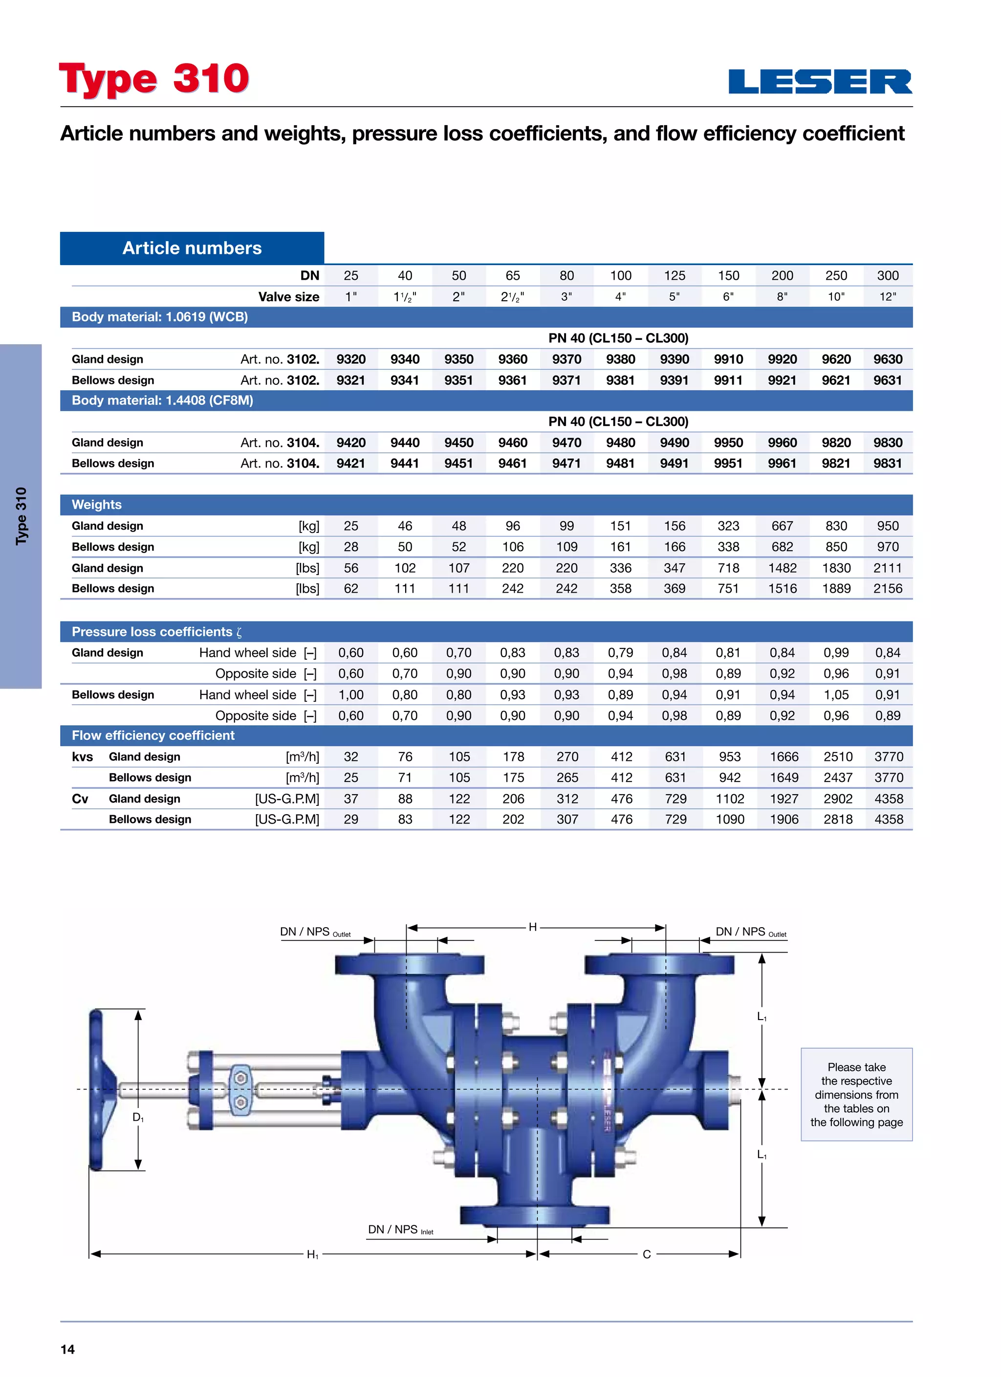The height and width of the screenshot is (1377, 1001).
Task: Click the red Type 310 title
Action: click(x=154, y=79)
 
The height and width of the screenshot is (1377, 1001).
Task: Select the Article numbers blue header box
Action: click(x=192, y=248)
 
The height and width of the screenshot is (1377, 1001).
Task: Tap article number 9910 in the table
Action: click(x=728, y=359)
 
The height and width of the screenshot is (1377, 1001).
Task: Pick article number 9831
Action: click(x=888, y=463)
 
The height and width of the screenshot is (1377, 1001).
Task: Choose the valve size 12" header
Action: click(x=888, y=297)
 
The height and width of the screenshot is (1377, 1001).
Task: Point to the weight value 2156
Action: click(x=888, y=588)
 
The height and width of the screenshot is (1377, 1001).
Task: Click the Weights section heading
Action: click(x=96, y=505)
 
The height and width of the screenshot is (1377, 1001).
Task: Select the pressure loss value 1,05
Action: click(x=836, y=694)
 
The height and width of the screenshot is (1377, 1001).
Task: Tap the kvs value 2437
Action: click(x=838, y=777)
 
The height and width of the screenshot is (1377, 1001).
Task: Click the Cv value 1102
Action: click(x=730, y=799)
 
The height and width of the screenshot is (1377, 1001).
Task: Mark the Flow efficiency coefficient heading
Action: click(x=153, y=735)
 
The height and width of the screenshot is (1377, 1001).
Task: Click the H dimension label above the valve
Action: click(x=532, y=927)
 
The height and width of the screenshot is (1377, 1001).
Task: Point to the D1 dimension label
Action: click(x=138, y=1117)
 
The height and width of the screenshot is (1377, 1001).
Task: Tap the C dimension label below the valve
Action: click(x=647, y=1254)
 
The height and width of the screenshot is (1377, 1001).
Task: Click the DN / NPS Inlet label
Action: click(x=400, y=1229)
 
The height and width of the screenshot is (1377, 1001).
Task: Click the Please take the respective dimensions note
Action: click(x=856, y=1094)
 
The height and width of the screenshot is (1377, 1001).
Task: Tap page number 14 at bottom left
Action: click(x=67, y=1349)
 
